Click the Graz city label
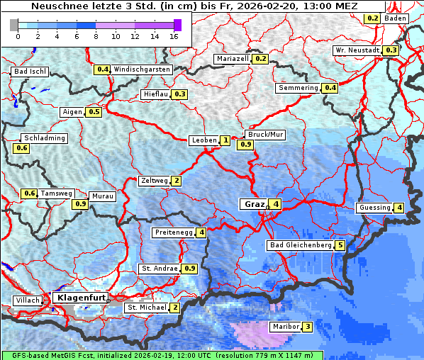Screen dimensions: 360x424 click(x=255, y=204)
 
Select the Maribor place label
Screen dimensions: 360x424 click(x=285, y=327)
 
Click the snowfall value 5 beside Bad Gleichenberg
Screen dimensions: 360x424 click(x=340, y=245)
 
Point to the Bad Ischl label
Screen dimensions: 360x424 click(x=30, y=72)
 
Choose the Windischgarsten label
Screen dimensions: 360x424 click(x=142, y=69)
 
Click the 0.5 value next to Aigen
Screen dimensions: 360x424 click(x=94, y=112)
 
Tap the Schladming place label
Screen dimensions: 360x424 click(x=44, y=138)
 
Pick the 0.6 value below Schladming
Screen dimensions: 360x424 click(x=21, y=148)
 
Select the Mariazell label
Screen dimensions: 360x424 click(x=233, y=59)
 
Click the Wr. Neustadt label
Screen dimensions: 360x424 click(x=357, y=50)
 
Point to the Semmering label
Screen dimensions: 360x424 click(x=298, y=88)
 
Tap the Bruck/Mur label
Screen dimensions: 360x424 click(x=264, y=134)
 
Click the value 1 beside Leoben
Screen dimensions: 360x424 click(x=225, y=140)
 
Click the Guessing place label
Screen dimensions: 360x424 click(x=374, y=208)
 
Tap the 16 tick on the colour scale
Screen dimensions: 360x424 click(x=174, y=36)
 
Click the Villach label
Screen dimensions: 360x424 click(x=28, y=300)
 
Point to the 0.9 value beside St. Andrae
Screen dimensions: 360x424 click(x=189, y=269)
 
